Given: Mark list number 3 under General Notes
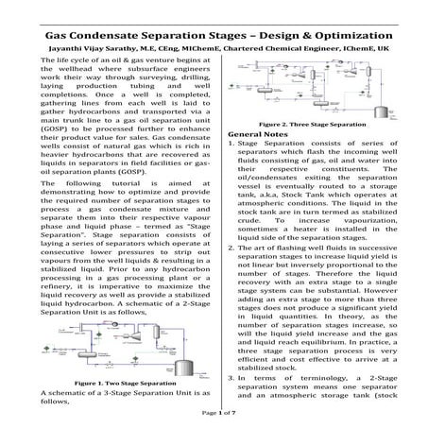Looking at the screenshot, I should point(231,377).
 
